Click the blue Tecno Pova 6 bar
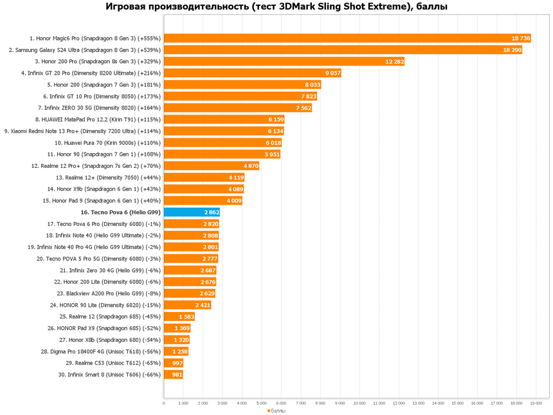tap(183, 212)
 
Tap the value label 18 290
tap(512, 50)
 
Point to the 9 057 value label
tap(332, 73)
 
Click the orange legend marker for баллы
tap(269, 410)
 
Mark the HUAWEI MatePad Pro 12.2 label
tap(98, 119)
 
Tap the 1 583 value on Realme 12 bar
tap(185, 317)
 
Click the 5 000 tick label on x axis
tap(262, 403)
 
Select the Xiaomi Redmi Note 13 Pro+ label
tap(82, 131)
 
